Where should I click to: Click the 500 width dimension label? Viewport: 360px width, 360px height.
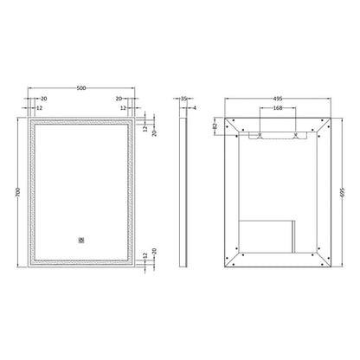[x=81, y=88]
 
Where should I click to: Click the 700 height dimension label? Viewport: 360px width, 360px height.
[x=17, y=192]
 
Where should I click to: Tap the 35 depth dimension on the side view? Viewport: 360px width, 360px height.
[x=183, y=99]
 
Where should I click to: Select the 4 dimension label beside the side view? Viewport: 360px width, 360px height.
[x=195, y=108]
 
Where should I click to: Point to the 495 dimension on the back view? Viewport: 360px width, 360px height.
[x=278, y=99]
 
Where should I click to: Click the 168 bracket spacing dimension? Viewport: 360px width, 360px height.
[x=278, y=108]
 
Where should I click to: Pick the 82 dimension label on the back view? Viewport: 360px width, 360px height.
[x=215, y=126]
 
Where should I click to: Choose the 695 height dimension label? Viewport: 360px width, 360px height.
[x=343, y=192]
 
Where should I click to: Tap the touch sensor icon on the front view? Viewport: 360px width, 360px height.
[x=81, y=241]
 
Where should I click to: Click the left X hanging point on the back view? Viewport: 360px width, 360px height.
[x=260, y=135]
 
